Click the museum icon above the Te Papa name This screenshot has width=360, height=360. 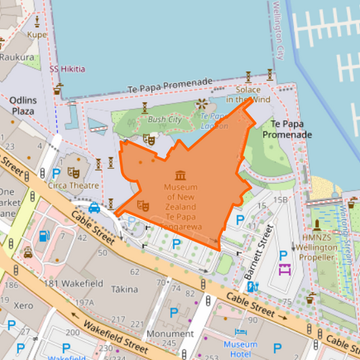180,175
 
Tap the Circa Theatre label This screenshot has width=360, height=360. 74,185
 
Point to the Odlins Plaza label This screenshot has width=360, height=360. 22,105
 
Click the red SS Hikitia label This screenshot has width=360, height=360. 68,69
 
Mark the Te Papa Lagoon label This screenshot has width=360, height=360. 214,120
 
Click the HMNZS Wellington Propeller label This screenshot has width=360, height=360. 319,247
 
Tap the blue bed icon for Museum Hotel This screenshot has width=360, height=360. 240,333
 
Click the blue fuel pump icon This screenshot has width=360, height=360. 44,236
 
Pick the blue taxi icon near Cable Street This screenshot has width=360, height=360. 94,207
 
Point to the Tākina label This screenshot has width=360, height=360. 125,289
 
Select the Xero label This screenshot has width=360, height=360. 23,305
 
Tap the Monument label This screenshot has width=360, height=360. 170,334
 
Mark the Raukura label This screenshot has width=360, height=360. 17,57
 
